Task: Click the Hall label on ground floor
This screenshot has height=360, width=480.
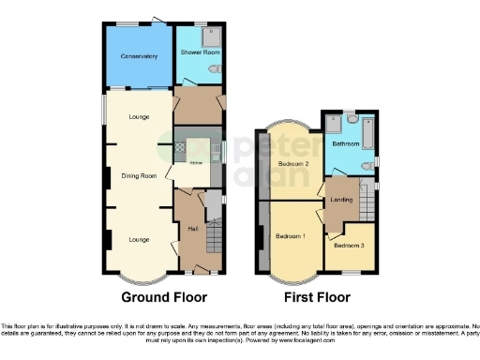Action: pyautogui.click(x=193, y=229)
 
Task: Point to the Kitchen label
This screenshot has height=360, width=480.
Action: pyautogui.click(x=197, y=163)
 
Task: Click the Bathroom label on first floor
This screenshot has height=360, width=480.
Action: pyautogui.click(x=345, y=144)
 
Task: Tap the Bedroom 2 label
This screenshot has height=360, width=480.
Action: pyautogui.click(x=293, y=164)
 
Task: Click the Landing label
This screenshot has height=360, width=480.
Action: pyautogui.click(x=339, y=198)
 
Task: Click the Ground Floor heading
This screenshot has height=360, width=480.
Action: pyautogui.click(x=157, y=298)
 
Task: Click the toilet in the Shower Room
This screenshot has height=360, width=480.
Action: pyautogui.click(x=216, y=69)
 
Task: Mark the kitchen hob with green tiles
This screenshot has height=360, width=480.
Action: pyautogui.click(x=180, y=148)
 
